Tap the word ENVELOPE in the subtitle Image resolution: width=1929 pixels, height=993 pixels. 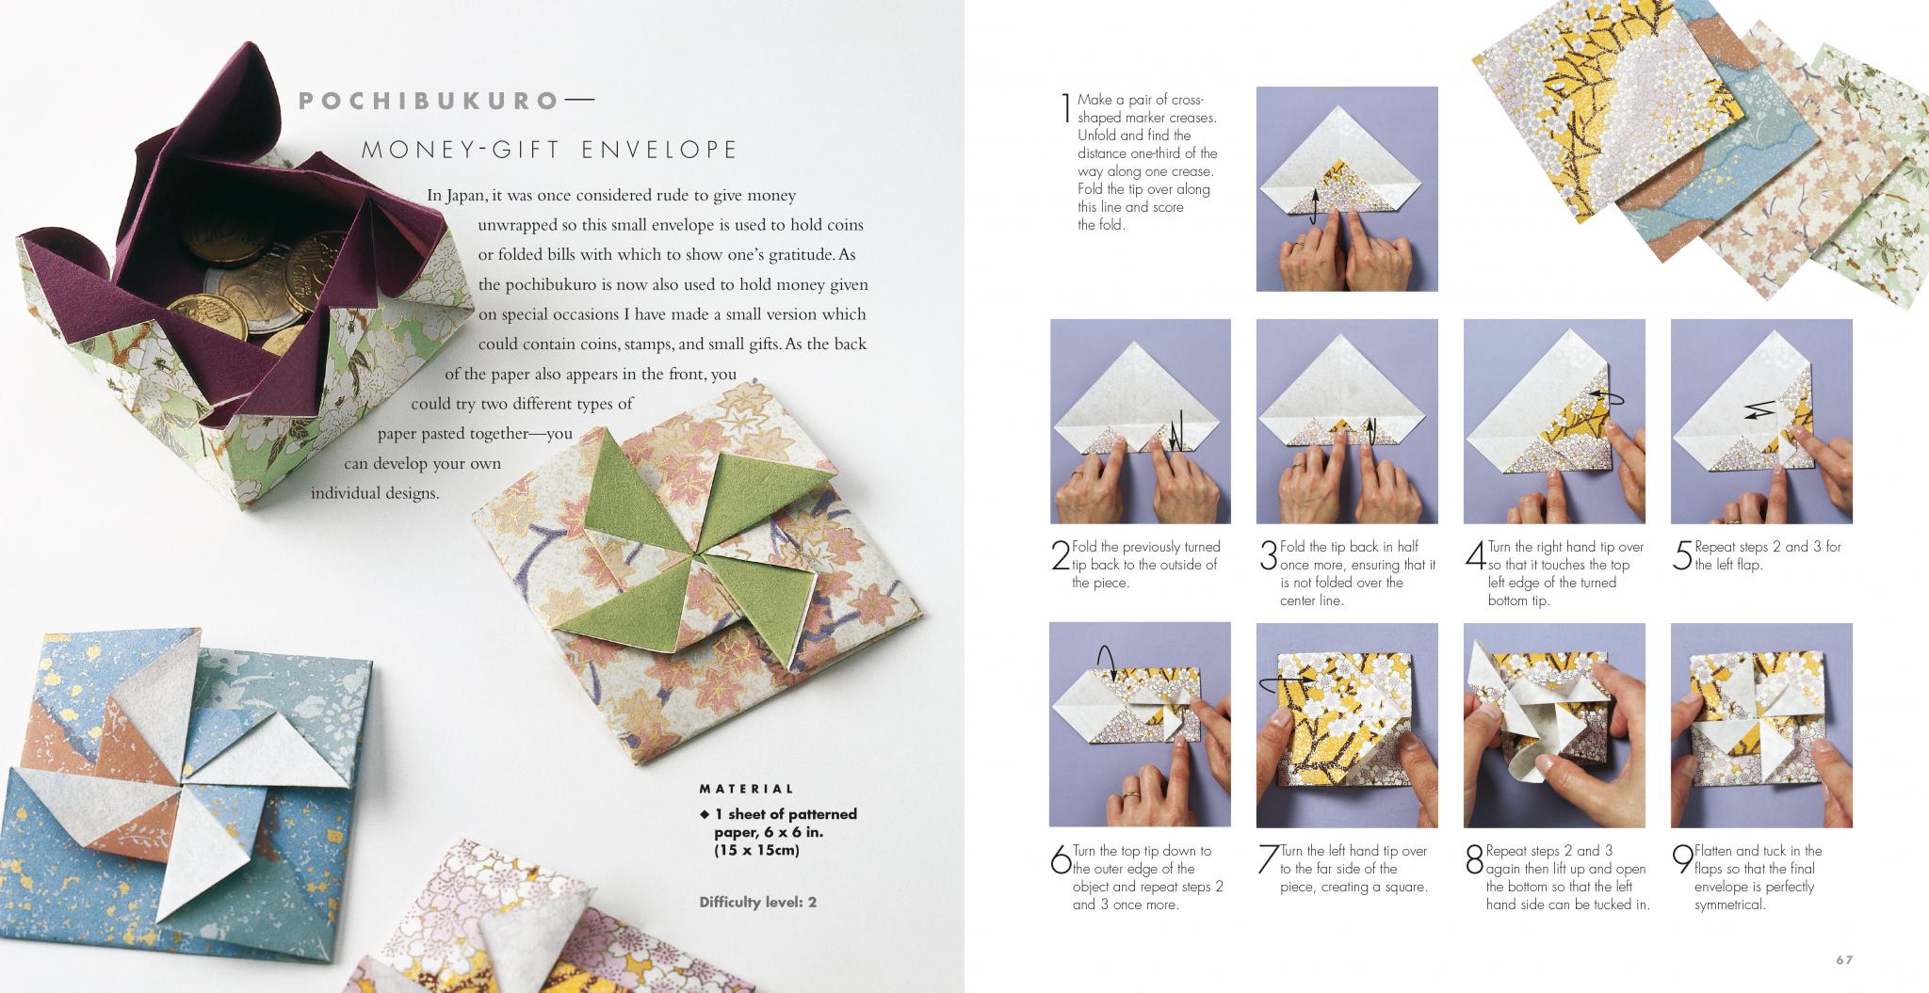click(x=658, y=150)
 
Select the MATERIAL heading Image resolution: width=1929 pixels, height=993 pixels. click(x=747, y=789)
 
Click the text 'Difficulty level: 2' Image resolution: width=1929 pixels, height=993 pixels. click(x=757, y=902)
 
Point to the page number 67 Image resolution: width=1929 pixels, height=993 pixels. click(x=1843, y=960)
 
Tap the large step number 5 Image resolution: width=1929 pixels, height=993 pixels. click(x=1682, y=555)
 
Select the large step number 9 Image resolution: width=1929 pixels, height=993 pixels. click(x=1682, y=859)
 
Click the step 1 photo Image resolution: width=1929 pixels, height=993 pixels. click(x=1347, y=188)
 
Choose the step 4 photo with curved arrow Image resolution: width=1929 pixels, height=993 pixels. click(x=1554, y=421)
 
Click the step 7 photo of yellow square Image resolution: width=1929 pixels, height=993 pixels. click(x=1347, y=725)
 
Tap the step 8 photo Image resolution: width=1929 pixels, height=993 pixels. click(x=1554, y=725)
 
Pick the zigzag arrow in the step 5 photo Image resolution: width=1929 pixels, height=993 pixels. click(x=1759, y=409)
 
